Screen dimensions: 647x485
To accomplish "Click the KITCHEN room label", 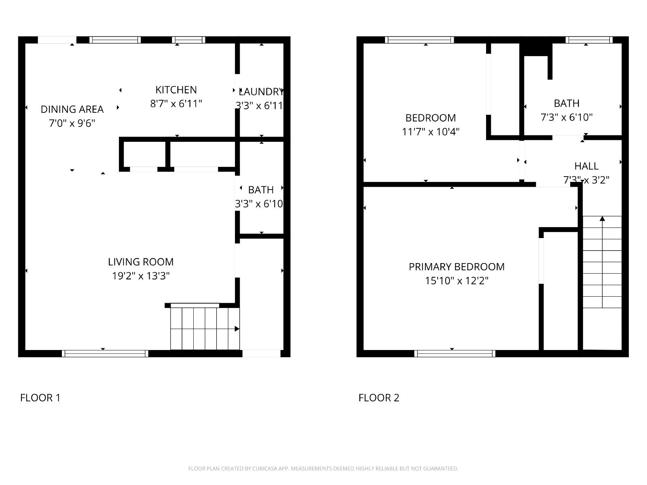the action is (176, 90).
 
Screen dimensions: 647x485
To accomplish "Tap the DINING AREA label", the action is (72, 109).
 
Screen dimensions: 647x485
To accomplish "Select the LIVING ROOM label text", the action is (141, 262).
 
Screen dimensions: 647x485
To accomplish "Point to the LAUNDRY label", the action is (261, 92).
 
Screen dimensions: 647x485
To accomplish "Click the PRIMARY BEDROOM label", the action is (457, 267).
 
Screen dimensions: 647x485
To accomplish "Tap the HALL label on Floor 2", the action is (586, 166).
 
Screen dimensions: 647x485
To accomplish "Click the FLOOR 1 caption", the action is (40, 398).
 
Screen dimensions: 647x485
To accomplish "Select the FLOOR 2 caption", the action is (379, 398).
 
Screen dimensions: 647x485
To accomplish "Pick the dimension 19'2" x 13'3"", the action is (141, 276).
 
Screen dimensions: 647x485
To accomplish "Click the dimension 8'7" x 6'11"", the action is (176, 103).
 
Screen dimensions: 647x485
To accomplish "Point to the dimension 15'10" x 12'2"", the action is (457, 280).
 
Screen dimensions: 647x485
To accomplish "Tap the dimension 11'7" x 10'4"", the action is (431, 132).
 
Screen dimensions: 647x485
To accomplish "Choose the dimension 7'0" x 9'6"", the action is (72, 123).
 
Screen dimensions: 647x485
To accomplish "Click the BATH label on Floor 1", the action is (261, 190).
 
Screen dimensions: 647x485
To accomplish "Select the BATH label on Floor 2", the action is (567, 103).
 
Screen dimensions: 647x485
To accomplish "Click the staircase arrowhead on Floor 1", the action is (237, 329).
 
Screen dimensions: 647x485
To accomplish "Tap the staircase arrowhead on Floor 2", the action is (602, 219).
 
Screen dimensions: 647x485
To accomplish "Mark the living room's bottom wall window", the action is (105, 354).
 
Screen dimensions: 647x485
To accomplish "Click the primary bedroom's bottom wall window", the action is (455, 354).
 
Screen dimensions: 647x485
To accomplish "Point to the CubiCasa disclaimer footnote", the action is (323, 468).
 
